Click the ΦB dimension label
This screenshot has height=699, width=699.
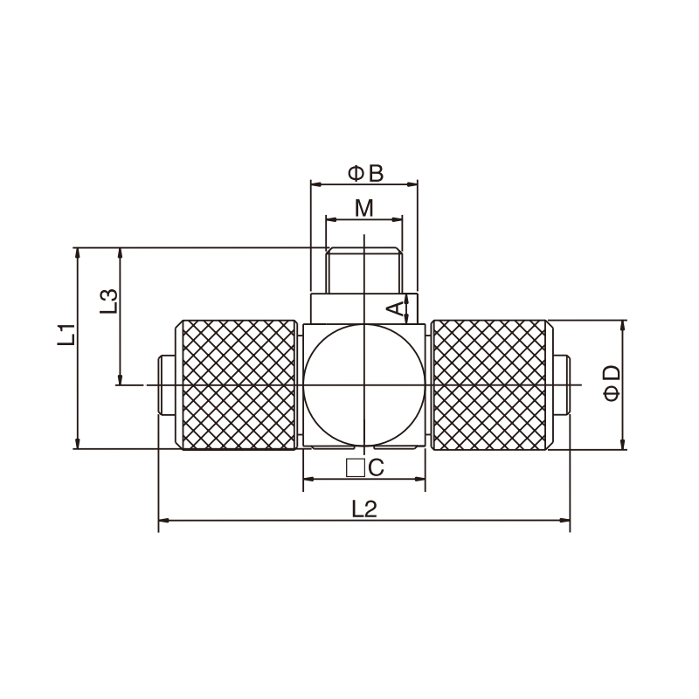click(x=365, y=173)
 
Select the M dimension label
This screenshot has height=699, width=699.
click(x=364, y=208)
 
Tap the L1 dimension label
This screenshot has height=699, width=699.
click(x=67, y=335)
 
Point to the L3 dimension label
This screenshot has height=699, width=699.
click(x=108, y=301)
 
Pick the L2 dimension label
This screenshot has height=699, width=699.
click(x=364, y=509)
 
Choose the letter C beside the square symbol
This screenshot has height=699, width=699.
click(x=377, y=468)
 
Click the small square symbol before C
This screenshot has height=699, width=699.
click(x=356, y=468)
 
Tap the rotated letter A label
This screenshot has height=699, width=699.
click(x=395, y=308)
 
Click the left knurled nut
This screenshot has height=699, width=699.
click(x=236, y=384)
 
